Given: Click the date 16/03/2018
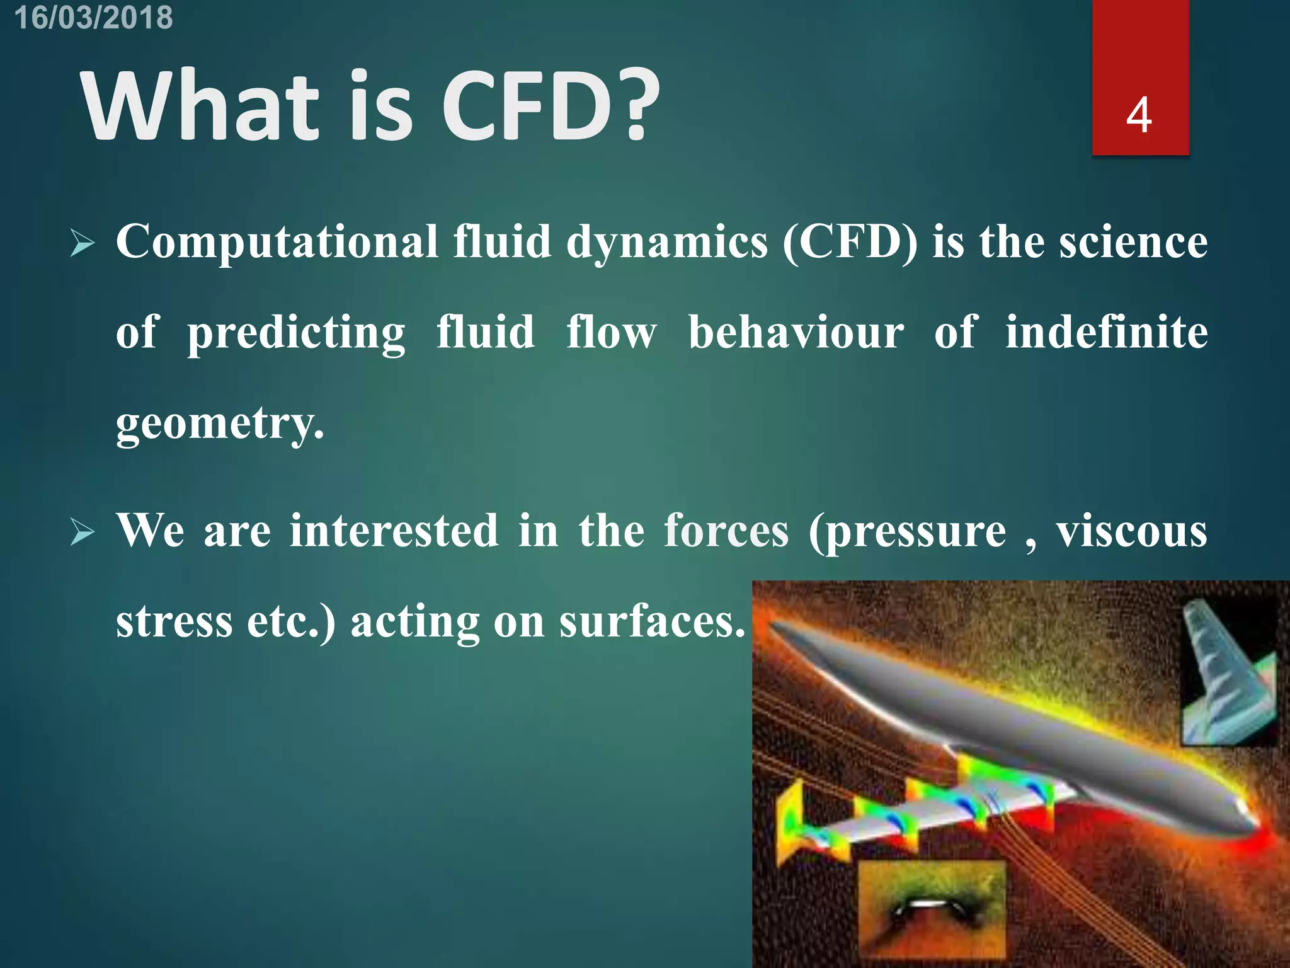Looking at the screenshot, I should click(x=93, y=17).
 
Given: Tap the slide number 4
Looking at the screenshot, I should click(x=1139, y=115).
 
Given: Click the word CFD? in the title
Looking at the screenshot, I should click(x=550, y=106).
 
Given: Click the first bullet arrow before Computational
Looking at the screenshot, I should click(x=83, y=244).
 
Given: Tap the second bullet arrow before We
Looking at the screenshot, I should click(x=83, y=533).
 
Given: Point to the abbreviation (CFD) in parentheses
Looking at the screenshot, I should click(x=850, y=243).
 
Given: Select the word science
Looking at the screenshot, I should click(x=1133, y=243).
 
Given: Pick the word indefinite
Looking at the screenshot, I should click(x=1106, y=333).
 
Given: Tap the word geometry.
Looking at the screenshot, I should click(x=220, y=423).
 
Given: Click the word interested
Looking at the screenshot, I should click(x=394, y=531).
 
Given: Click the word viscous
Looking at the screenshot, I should click(x=1131, y=531).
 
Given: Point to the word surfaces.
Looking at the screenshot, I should click(x=652, y=622).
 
